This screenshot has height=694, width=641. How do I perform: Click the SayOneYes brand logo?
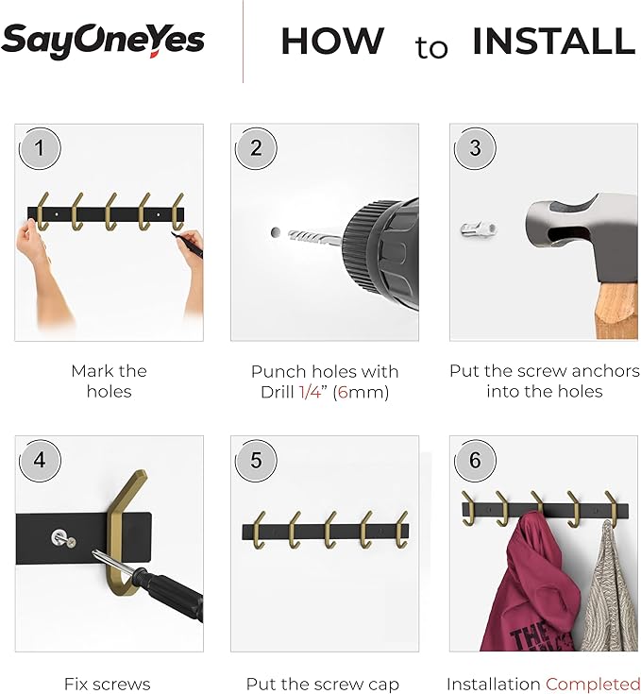click(103, 41)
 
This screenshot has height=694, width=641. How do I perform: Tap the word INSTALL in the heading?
click(554, 42)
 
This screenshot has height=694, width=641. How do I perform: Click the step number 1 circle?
click(40, 148)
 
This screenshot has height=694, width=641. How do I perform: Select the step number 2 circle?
click(256, 148)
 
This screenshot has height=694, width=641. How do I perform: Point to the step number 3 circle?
click(475, 148)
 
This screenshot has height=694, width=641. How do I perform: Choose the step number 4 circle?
click(40, 461)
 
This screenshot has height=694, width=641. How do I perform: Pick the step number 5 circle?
click(256, 461)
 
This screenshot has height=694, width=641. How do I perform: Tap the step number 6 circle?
click(475, 461)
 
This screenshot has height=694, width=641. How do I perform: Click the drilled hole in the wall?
click(275, 232)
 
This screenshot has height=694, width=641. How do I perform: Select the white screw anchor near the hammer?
click(479, 229)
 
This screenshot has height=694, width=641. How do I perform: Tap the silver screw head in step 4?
click(59, 537)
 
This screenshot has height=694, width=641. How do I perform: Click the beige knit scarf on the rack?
click(608, 588)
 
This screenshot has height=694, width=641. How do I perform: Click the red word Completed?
click(592, 685)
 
